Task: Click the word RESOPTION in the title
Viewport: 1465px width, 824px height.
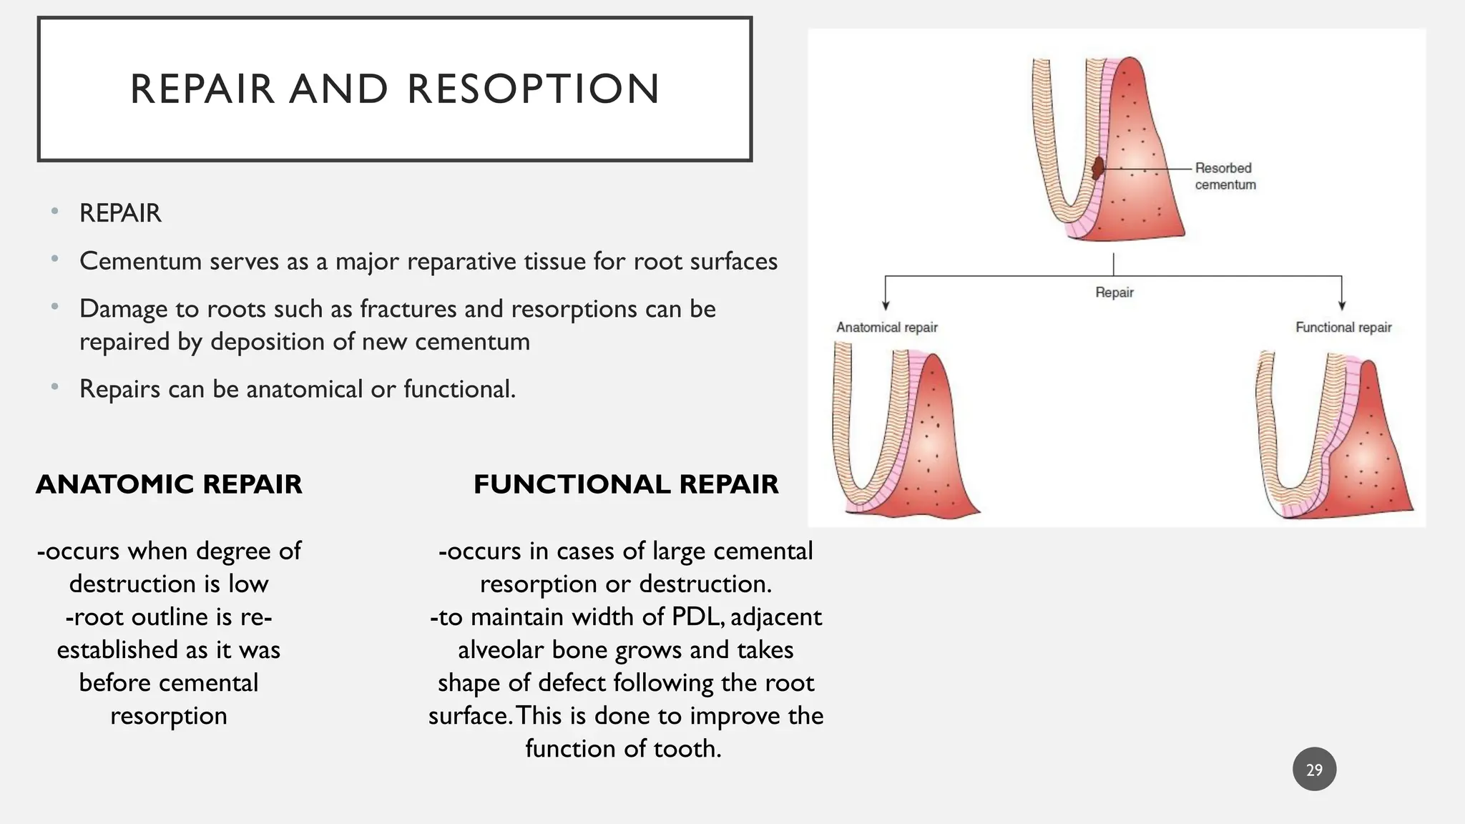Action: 533,89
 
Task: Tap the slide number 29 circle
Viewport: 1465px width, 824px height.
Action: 1314,770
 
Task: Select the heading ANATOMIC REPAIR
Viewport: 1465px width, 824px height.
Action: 169,484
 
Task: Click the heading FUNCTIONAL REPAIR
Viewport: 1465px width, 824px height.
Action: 626,484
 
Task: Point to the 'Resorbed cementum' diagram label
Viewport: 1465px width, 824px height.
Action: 1225,176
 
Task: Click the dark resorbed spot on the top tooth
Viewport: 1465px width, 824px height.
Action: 1098,169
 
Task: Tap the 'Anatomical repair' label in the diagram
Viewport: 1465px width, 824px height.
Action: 886,328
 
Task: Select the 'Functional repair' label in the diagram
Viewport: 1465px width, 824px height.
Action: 1343,328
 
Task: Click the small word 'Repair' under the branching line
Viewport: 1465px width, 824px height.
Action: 1114,293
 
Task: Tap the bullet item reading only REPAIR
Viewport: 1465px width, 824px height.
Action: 120,213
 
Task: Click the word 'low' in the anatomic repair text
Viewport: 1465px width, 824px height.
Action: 248,584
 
